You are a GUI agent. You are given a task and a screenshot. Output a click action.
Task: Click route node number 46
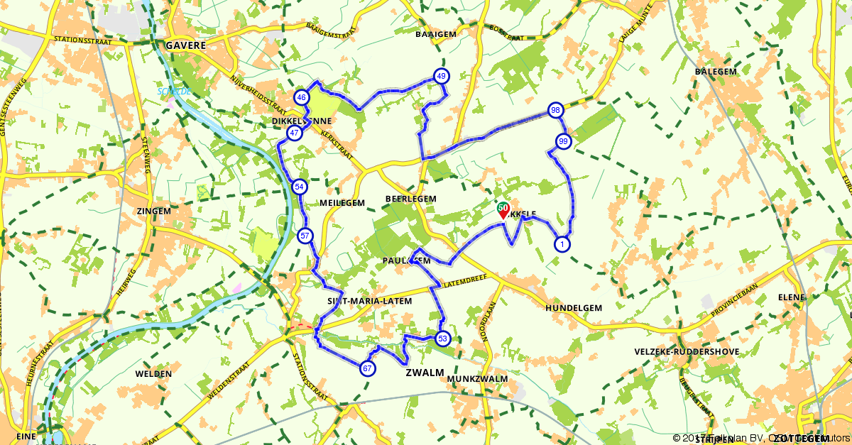[302, 98]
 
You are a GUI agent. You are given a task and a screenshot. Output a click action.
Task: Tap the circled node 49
[442, 76]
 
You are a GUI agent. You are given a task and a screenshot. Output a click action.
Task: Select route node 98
[555, 110]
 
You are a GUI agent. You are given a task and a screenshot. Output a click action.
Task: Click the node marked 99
[563, 141]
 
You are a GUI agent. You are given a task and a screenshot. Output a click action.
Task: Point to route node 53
[443, 339]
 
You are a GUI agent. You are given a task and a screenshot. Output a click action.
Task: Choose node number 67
[367, 368]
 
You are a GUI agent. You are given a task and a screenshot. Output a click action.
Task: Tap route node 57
[305, 236]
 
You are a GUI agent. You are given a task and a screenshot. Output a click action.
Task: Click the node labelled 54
[299, 187]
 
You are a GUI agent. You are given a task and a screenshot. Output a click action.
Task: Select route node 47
[294, 133]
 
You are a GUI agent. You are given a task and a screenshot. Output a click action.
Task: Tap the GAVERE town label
[185, 45]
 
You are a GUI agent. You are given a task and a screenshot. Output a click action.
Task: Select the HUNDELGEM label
[574, 308]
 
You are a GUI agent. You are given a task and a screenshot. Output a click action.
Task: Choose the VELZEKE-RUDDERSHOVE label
[687, 352]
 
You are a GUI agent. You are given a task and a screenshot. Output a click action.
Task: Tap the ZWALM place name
[425, 373]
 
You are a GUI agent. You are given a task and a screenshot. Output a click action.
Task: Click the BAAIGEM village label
[435, 33]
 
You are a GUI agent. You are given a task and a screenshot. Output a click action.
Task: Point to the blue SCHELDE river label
[171, 92]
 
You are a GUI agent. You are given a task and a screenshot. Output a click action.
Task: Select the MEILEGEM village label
[342, 203]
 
